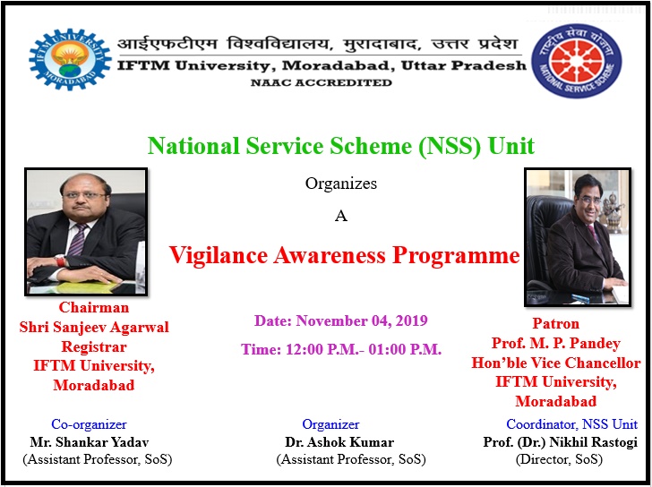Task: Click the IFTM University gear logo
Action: tap(70, 60)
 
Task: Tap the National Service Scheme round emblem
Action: tap(577, 61)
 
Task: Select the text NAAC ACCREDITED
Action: tap(321, 82)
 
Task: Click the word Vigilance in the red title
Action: tap(219, 255)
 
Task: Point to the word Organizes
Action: tap(341, 184)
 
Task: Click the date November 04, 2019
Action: tap(361, 320)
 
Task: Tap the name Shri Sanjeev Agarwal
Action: tap(94, 327)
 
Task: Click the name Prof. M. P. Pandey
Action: tap(555, 343)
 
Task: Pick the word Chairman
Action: tap(94, 307)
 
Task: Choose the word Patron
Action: tap(555, 323)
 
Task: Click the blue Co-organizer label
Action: tap(89, 424)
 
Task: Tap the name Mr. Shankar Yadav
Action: tap(90, 441)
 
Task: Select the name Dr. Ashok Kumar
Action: tap(339, 441)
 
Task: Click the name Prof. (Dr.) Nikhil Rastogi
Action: tap(560, 441)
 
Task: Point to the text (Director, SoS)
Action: tap(559, 459)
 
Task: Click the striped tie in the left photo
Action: tap(77, 240)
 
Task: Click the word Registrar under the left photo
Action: tap(94, 346)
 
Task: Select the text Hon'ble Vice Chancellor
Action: tap(555, 363)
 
